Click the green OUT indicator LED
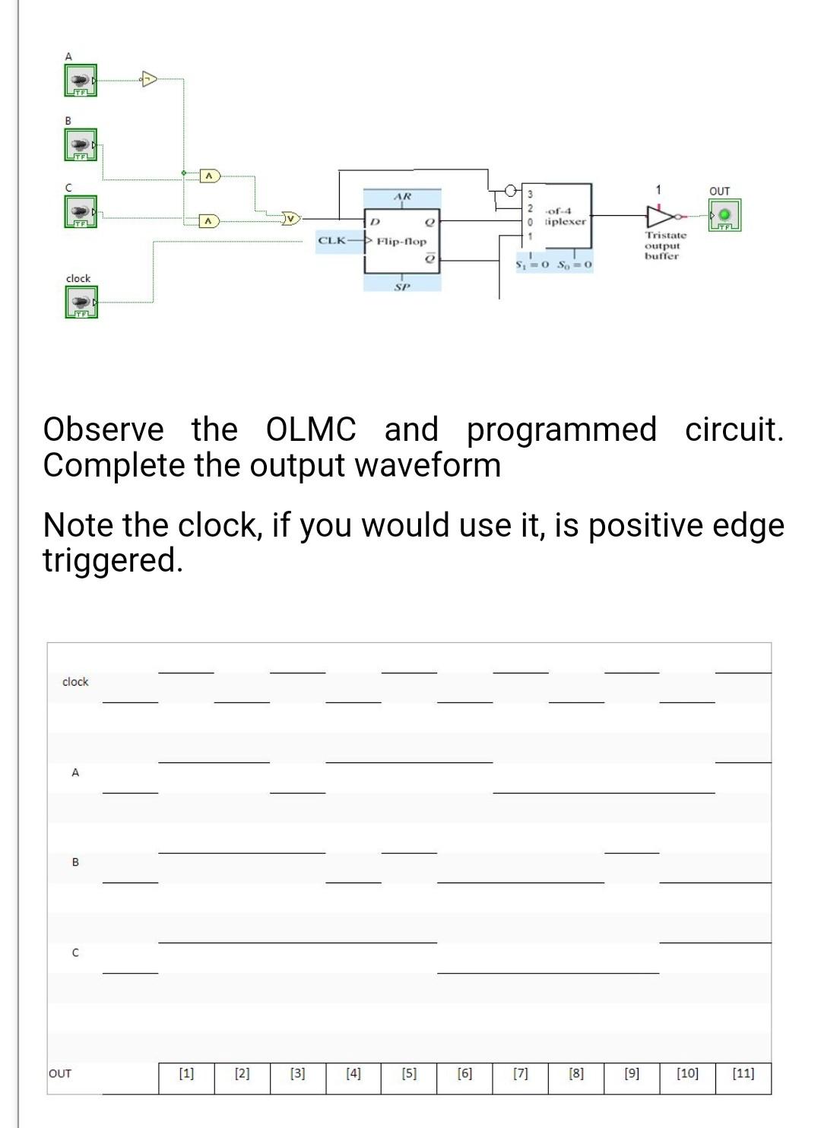(x=724, y=214)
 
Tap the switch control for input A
(x=80, y=80)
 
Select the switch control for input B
(x=80, y=144)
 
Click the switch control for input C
(x=80, y=210)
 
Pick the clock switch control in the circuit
(x=80, y=302)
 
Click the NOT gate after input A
(x=149, y=78)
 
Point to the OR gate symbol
(x=290, y=219)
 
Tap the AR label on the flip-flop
(x=402, y=197)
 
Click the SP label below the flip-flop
(x=402, y=287)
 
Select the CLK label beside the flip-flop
(x=331, y=241)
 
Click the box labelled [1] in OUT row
(x=186, y=1074)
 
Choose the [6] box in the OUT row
(x=464, y=1074)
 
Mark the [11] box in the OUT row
(x=743, y=1074)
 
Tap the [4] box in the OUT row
(x=353, y=1074)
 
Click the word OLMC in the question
(x=311, y=429)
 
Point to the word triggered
(x=113, y=560)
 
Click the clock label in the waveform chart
(x=75, y=682)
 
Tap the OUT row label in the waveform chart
(x=60, y=1074)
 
